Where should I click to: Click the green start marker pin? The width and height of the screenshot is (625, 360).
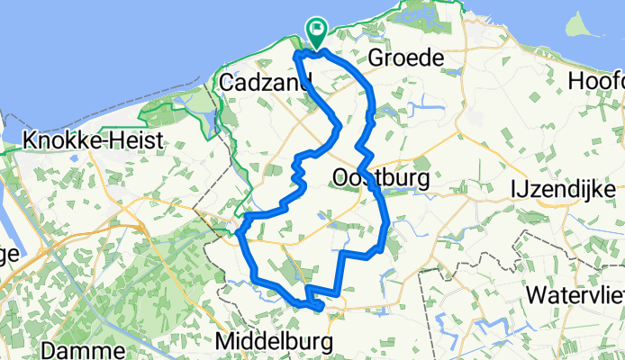click(x=317, y=33)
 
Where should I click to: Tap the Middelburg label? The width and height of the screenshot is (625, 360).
click(x=275, y=342)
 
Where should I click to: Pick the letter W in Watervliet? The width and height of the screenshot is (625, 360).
click(x=536, y=294)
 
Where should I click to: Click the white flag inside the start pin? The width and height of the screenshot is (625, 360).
click(x=318, y=29)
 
